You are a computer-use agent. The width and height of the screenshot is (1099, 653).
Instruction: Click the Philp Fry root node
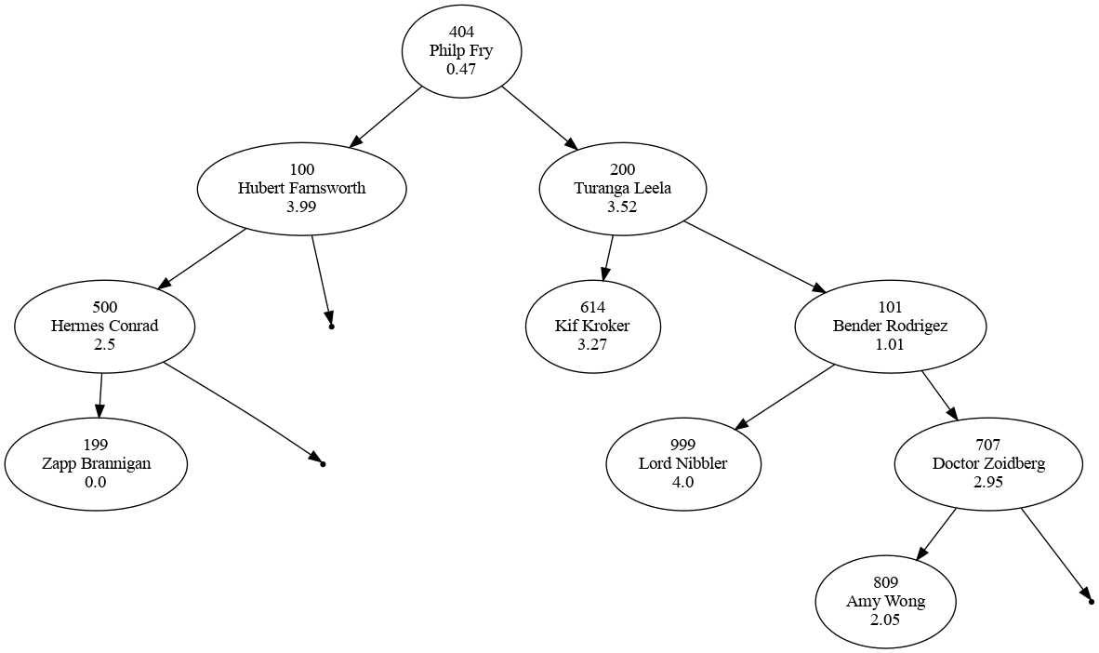click(461, 51)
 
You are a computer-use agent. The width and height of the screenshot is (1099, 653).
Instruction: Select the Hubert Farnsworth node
click(301, 188)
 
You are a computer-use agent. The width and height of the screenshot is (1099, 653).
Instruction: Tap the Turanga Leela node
click(622, 188)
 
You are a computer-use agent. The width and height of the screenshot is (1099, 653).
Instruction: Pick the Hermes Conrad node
click(104, 326)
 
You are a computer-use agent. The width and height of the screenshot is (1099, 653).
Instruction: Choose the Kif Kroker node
click(592, 326)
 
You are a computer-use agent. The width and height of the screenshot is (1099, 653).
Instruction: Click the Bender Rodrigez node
click(890, 326)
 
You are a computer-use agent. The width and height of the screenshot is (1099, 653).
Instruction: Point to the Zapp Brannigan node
click(96, 463)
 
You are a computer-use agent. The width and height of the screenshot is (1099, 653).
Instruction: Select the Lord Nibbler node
click(682, 463)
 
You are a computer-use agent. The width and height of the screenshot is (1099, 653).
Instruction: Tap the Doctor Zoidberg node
click(988, 463)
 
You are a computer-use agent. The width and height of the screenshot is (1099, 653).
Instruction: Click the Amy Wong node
click(885, 601)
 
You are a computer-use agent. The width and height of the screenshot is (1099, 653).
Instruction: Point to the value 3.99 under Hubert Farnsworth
click(301, 207)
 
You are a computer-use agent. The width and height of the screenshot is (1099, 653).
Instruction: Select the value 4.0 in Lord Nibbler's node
click(682, 482)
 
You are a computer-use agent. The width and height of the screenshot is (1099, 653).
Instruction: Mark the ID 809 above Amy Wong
click(885, 583)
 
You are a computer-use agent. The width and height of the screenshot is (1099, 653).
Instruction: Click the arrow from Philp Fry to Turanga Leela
click(539, 118)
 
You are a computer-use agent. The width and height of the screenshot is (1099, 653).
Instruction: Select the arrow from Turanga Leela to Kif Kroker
click(608, 258)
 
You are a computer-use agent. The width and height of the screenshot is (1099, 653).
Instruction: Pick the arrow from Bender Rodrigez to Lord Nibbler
click(786, 397)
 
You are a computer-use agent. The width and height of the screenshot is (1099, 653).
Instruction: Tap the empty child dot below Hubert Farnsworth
click(331, 326)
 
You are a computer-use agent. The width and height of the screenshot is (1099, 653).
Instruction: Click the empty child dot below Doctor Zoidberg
click(1090, 602)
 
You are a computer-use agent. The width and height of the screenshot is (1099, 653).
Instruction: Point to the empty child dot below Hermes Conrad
click(322, 462)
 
